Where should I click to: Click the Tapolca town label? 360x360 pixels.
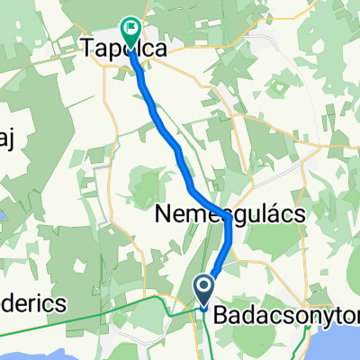pos(126,51)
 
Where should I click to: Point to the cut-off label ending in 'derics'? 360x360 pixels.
pos(31,304)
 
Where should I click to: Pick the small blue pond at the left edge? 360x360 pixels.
pos(3,217)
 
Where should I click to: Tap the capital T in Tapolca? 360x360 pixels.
pos(89,51)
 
